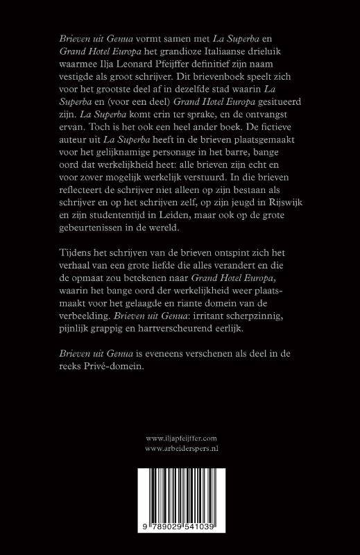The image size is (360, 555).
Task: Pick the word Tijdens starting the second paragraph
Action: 77,270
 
